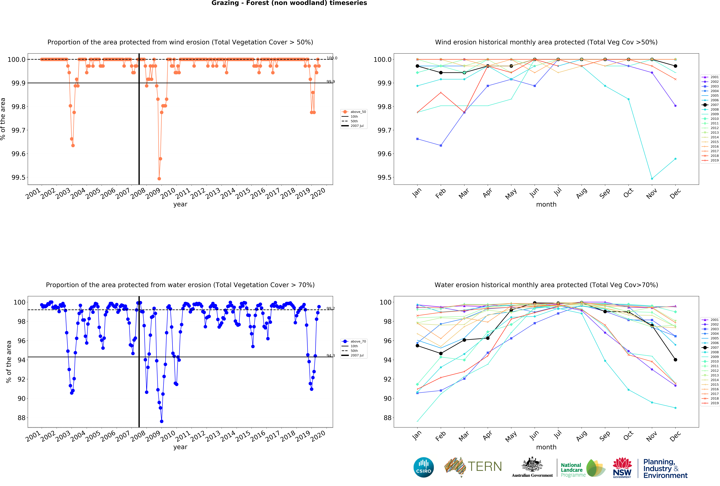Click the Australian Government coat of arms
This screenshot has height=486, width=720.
532,464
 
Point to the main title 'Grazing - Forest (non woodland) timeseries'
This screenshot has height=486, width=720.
289,3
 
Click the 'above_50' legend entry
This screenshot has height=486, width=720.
358,112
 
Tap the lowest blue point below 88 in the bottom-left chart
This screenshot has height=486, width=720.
161,421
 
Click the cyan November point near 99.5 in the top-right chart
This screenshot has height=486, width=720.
652,179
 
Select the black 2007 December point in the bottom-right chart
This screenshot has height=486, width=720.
675,360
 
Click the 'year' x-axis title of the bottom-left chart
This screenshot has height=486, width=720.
180,447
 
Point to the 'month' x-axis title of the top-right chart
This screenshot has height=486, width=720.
546,204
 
